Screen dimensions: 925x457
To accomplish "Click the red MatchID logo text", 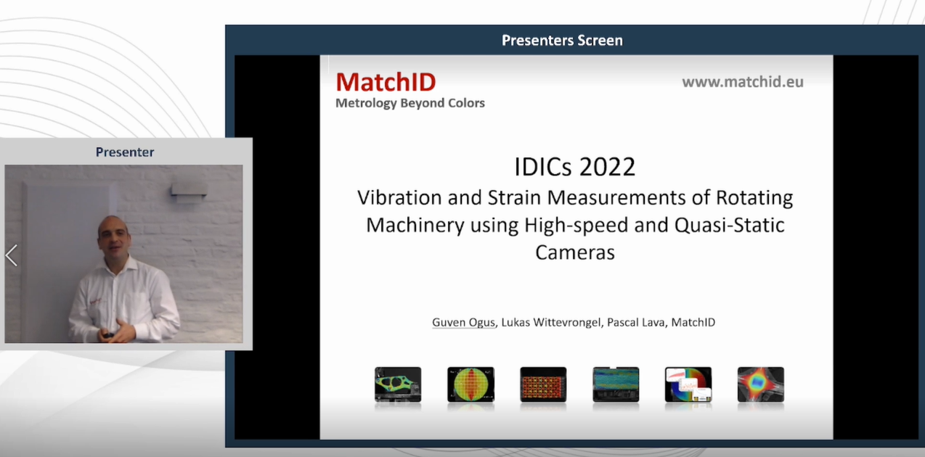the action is [x=386, y=82].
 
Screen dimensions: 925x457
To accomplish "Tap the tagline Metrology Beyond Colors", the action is [x=410, y=103].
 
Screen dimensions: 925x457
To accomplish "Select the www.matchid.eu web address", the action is [x=743, y=82].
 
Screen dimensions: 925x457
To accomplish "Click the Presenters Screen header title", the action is [x=562, y=40].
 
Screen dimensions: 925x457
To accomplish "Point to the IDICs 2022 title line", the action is [x=574, y=167].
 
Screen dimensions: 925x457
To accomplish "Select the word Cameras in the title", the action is [x=575, y=252].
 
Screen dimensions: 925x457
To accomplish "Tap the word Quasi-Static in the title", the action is [x=729, y=225].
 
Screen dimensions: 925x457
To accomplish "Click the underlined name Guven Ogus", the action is [x=463, y=322].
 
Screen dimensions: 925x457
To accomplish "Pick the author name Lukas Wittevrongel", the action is [x=551, y=322].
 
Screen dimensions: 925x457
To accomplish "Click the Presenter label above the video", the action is [x=125, y=152].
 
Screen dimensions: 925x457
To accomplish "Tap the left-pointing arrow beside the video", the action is [x=12, y=255].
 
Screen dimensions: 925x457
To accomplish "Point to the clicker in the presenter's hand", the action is [x=108, y=335].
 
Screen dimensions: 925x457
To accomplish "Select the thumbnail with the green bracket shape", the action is [x=398, y=384].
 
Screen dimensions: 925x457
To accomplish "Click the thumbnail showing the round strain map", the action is [x=470, y=384].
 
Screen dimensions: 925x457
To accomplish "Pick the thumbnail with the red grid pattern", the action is [x=543, y=384].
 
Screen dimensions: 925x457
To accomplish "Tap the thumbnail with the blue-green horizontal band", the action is [x=616, y=384].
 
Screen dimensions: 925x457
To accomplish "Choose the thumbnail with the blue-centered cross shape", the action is [x=761, y=384].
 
